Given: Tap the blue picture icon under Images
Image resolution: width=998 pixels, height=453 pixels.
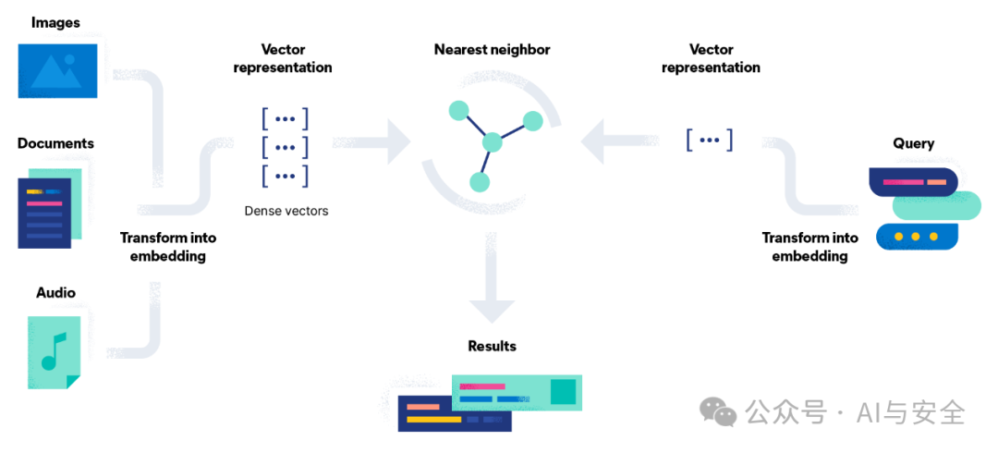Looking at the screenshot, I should pyautogui.click(x=57, y=69).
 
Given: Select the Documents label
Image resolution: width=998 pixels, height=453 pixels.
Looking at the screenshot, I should pyautogui.click(x=55, y=143).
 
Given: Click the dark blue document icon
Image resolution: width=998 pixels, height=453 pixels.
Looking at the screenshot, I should pyautogui.click(x=43, y=213).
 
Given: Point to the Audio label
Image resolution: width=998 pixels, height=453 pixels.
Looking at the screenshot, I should pyautogui.click(x=55, y=293).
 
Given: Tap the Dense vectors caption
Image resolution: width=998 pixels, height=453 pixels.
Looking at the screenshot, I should pyautogui.click(x=286, y=211).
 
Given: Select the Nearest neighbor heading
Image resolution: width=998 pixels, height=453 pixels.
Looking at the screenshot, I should pyautogui.click(x=492, y=49).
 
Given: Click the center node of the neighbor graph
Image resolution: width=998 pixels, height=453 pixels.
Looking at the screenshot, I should pyautogui.click(x=492, y=142).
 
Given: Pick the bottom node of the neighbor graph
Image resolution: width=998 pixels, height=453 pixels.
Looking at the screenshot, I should pyautogui.click(x=479, y=181).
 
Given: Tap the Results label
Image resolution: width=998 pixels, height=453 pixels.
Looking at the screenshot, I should pyautogui.click(x=492, y=346).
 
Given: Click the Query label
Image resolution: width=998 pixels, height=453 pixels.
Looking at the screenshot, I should pyautogui.click(x=913, y=143).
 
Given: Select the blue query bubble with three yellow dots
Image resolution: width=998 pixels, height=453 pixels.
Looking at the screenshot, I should pyautogui.click(x=915, y=237).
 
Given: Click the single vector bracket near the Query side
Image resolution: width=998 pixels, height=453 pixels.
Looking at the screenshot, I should pyautogui.click(x=709, y=140).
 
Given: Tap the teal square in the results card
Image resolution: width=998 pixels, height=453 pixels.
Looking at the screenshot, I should pyautogui.click(x=563, y=392).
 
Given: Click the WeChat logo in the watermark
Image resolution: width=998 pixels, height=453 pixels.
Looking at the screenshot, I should pyautogui.click(x=718, y=411).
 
